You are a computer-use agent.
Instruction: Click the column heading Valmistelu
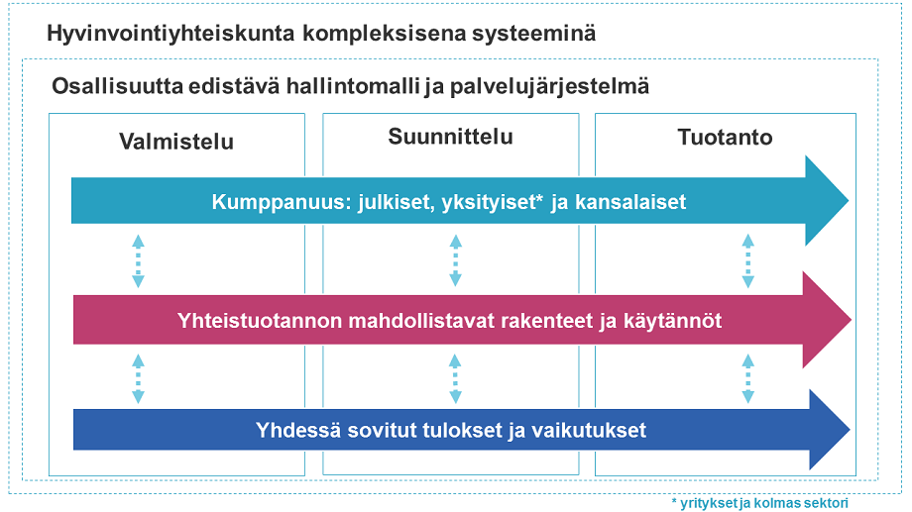176,142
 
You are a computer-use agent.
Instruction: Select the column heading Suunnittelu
450,138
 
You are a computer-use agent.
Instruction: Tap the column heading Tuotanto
725,138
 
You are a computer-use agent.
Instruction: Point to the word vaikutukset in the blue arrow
592,431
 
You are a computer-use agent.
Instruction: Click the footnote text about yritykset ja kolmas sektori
759,503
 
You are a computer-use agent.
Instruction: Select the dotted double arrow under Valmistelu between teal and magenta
139,261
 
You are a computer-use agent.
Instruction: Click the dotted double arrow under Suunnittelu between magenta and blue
454,377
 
